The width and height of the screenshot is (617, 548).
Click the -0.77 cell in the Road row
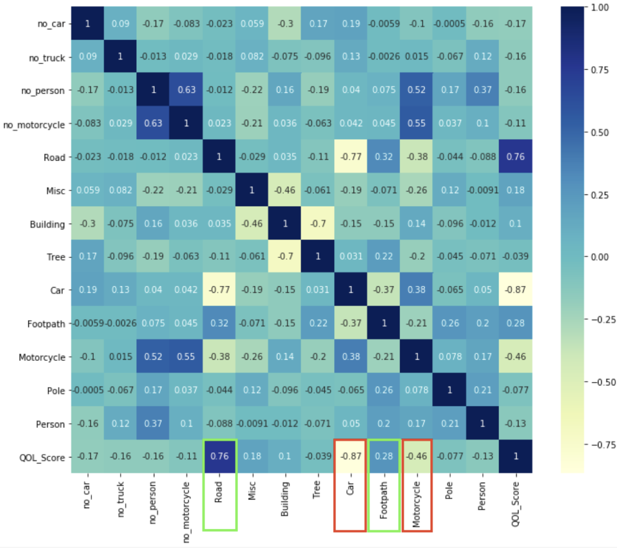tap(351, 157)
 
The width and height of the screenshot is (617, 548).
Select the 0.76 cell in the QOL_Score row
tap(219, 456)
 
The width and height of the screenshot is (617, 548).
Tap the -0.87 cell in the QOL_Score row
tap(351, 456)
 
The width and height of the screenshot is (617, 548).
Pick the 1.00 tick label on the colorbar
tap(599, 7)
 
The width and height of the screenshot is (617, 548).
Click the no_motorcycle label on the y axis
tap(34, 124)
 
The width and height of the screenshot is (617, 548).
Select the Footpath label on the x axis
tap(384, 500)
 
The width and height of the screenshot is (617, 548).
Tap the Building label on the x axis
tap(285, 499)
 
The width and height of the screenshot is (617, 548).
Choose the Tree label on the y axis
tap(56, 257)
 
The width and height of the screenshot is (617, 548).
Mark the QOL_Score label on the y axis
tap(42, 457)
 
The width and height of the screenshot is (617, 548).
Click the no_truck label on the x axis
tap(120, 499)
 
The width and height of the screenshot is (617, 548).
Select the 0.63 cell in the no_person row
tap(186, 90)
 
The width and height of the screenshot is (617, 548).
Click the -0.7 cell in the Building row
tap(318, 223)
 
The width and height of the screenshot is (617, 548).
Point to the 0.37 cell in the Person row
tap(153, 423)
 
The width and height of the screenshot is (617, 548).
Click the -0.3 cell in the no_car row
tap(285, 23)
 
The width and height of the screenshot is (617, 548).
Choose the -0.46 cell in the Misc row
tap(285, 190)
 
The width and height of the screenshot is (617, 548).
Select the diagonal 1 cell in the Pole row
tap(450, 390)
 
